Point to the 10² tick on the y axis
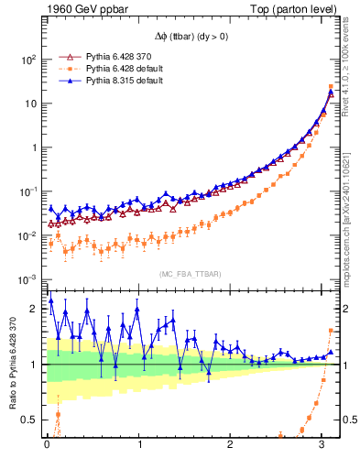click(x=27, y=60)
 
